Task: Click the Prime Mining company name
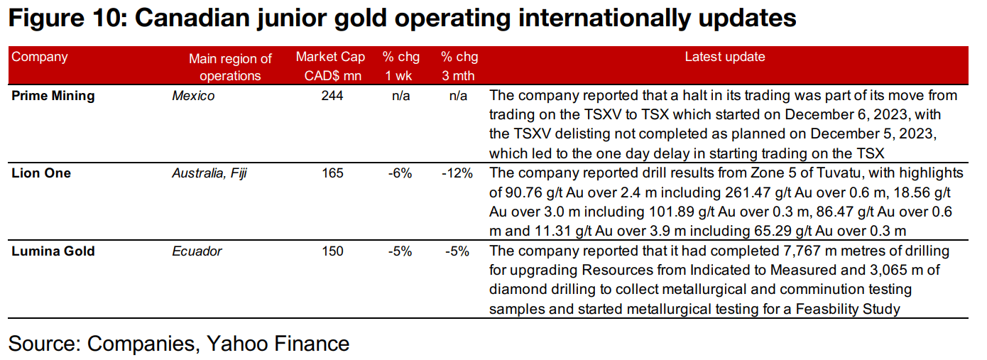click(53, 95)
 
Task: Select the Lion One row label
click(41, 173)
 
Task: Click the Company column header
click(40, 57)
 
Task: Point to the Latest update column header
click(724, 57)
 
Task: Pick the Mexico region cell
click(192, 95)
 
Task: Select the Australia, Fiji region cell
click(209, 173)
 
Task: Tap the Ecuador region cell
click(197, 251)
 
